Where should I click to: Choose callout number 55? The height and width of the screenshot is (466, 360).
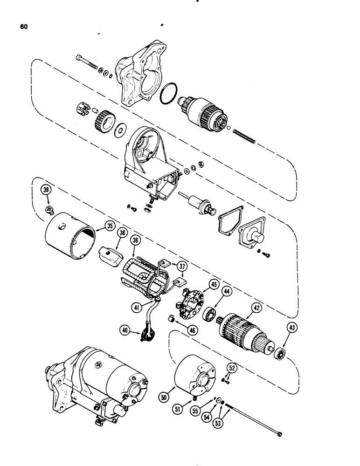[194, 411]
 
